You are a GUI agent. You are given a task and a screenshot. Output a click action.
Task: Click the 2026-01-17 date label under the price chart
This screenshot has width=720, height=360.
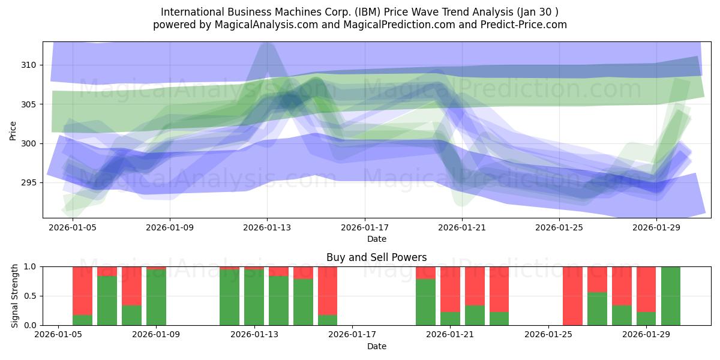click(364, 228)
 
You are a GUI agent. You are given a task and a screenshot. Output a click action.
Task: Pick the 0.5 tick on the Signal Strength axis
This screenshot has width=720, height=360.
click(31, 296)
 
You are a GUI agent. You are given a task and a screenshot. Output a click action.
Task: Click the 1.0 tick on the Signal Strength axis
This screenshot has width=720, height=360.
click(31, 266)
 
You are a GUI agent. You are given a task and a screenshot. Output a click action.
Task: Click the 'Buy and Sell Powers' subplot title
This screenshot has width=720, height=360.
click(376, 257)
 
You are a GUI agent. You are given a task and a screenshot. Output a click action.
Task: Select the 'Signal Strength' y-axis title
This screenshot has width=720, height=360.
click(15, 296)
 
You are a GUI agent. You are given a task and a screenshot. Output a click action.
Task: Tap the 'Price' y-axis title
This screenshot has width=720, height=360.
click(13, 130)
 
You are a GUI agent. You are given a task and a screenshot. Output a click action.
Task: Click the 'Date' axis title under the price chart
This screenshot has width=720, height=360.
click(376, 239)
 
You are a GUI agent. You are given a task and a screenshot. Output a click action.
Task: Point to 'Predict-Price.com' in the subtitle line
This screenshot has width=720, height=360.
click(526, 25)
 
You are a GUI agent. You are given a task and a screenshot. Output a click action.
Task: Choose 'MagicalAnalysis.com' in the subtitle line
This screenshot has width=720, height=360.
click(262, 25)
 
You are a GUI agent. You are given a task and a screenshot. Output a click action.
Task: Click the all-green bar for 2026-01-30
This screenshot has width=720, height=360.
click(671, 296)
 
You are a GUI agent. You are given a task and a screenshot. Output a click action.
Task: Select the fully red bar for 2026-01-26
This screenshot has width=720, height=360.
click(572, 296)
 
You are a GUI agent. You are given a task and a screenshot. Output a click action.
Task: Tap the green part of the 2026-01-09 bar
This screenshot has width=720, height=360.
click(156, 298)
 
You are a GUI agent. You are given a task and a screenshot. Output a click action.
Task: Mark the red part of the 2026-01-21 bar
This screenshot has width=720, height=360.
click(450, 289)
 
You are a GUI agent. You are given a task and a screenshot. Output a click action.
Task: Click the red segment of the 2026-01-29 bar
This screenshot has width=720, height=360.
click(646, 289)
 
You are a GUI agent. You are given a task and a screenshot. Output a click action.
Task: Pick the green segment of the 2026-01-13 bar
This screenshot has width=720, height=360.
click(254, 298)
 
